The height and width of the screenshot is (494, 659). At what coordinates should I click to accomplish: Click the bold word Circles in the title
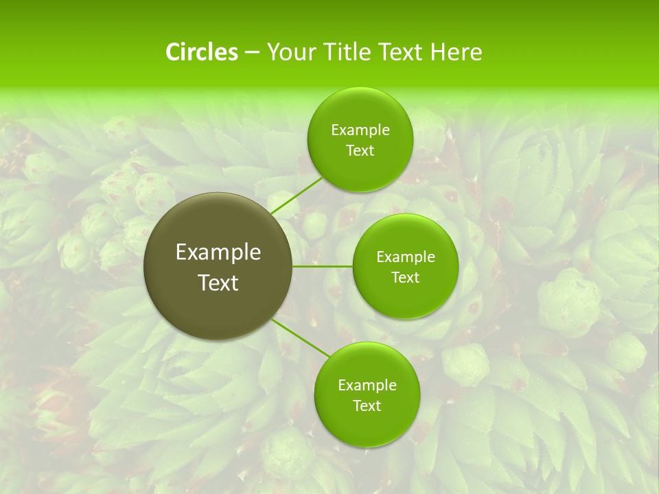point(202,52)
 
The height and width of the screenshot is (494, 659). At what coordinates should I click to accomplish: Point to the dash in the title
point(252,53)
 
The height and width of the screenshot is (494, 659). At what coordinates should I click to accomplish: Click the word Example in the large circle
point(218,252)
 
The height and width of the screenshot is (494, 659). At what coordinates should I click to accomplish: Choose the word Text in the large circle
point(218,283)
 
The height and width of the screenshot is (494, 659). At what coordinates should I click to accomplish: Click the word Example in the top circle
point(360,130)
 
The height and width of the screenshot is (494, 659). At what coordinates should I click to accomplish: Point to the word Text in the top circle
point(360,151)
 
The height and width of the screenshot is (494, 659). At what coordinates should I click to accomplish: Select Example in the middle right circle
point(405,257)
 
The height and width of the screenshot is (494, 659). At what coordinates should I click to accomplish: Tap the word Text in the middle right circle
point(405,278)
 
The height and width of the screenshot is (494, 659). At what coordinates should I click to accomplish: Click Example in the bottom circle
point(367,386)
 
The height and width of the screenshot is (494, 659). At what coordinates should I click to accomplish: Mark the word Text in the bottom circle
point(367,406)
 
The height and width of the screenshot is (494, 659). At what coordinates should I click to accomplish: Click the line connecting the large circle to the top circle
point(297,195)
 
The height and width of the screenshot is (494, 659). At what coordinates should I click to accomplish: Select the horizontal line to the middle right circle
point(323,266)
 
